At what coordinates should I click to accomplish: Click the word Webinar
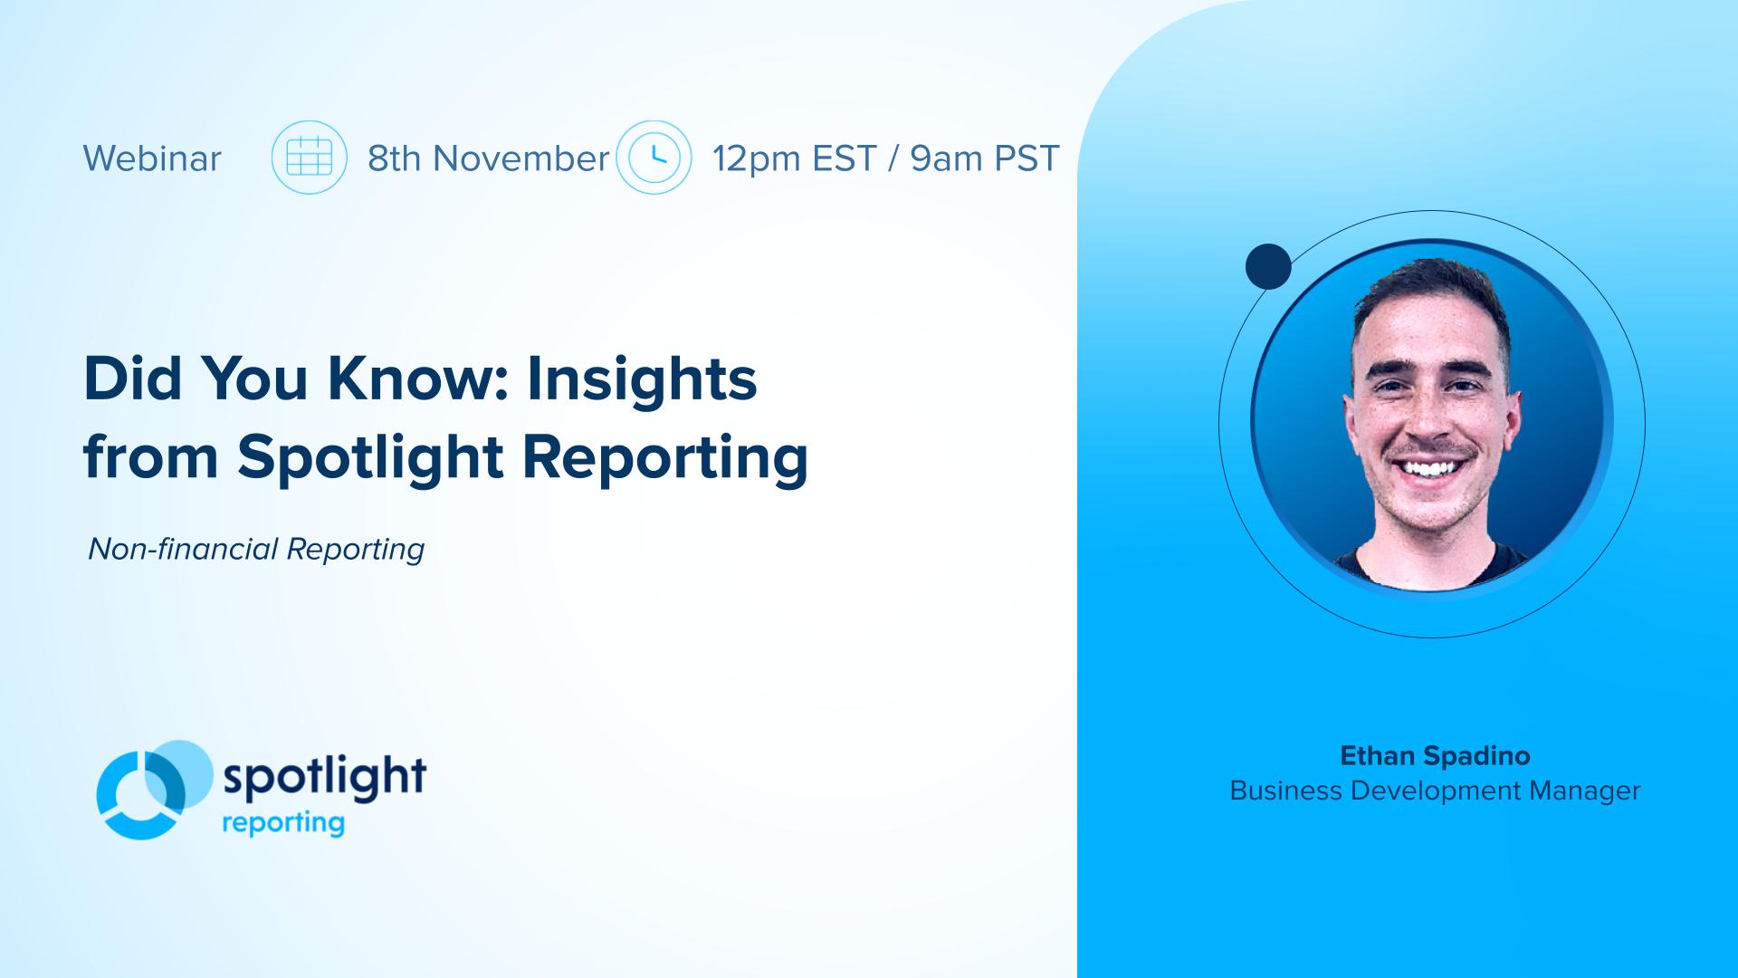click(x=152, y=158)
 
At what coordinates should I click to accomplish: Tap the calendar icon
click(x=310, y=158)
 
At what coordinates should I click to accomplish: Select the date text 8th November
click(x=489, y=158)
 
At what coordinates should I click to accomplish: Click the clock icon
click(x=654, y=158)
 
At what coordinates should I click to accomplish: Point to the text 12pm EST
click(x=794, y=158)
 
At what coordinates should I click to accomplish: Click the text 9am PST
click(x=985, y=158)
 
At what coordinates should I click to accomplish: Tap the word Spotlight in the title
click(x=370, y=456)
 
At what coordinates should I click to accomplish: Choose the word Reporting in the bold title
click(x=665, y=456)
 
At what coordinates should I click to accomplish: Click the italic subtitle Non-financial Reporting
click(x=256, y=549)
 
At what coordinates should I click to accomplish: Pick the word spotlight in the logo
click(x=324, y=777)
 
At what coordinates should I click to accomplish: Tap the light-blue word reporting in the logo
click(x=283, y=823)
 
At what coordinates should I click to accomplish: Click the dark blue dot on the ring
click(x=1268, y=266)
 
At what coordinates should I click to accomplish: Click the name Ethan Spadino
click(x=1435, y=755)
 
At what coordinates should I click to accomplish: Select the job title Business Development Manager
click(x=1435, y=791)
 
